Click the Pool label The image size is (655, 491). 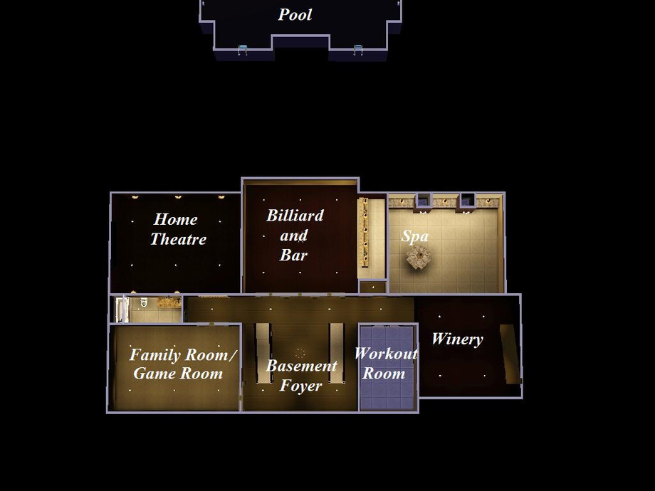[295, 15]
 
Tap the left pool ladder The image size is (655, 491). [243, 50]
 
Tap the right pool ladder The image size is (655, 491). [357, 50]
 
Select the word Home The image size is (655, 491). [175, 219]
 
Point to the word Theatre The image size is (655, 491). [179, 239]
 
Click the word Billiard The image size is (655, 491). [295, 216]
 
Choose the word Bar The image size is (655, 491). [293, 255]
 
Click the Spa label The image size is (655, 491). [415, 236]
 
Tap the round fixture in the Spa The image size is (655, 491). [418, 257]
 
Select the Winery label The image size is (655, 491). [457, 339]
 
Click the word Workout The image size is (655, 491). [386, 354]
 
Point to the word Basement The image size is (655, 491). [302, 366]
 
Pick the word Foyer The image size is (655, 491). [300, 386]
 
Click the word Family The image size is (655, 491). [155, 355]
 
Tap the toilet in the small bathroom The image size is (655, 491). [144, 302]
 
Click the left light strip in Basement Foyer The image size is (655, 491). [263, 353]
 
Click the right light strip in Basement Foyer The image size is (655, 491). [337, 353]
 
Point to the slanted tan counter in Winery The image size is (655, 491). [510, 353]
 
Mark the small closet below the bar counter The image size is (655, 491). [372, 287]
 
